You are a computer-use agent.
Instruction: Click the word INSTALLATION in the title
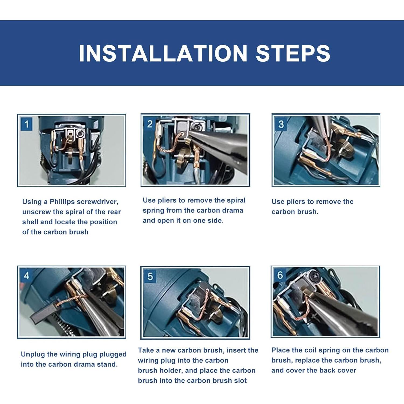(x=163, y=53)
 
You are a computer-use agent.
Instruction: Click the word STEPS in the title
(x=293, y=53)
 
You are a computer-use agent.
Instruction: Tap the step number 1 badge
(x=26, y=124)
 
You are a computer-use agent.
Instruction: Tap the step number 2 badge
(x=150, y=124)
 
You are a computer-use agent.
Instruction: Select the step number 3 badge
(x=281, y=124)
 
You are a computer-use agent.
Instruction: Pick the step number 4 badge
(x=26, y=276)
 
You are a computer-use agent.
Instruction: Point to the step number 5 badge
(x=150, y=276)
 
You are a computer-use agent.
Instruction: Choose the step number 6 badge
(x=280, y=275)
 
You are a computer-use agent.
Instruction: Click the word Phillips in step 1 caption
(x=62, y=202)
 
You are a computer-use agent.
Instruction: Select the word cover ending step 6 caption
(x=346, y=370)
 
